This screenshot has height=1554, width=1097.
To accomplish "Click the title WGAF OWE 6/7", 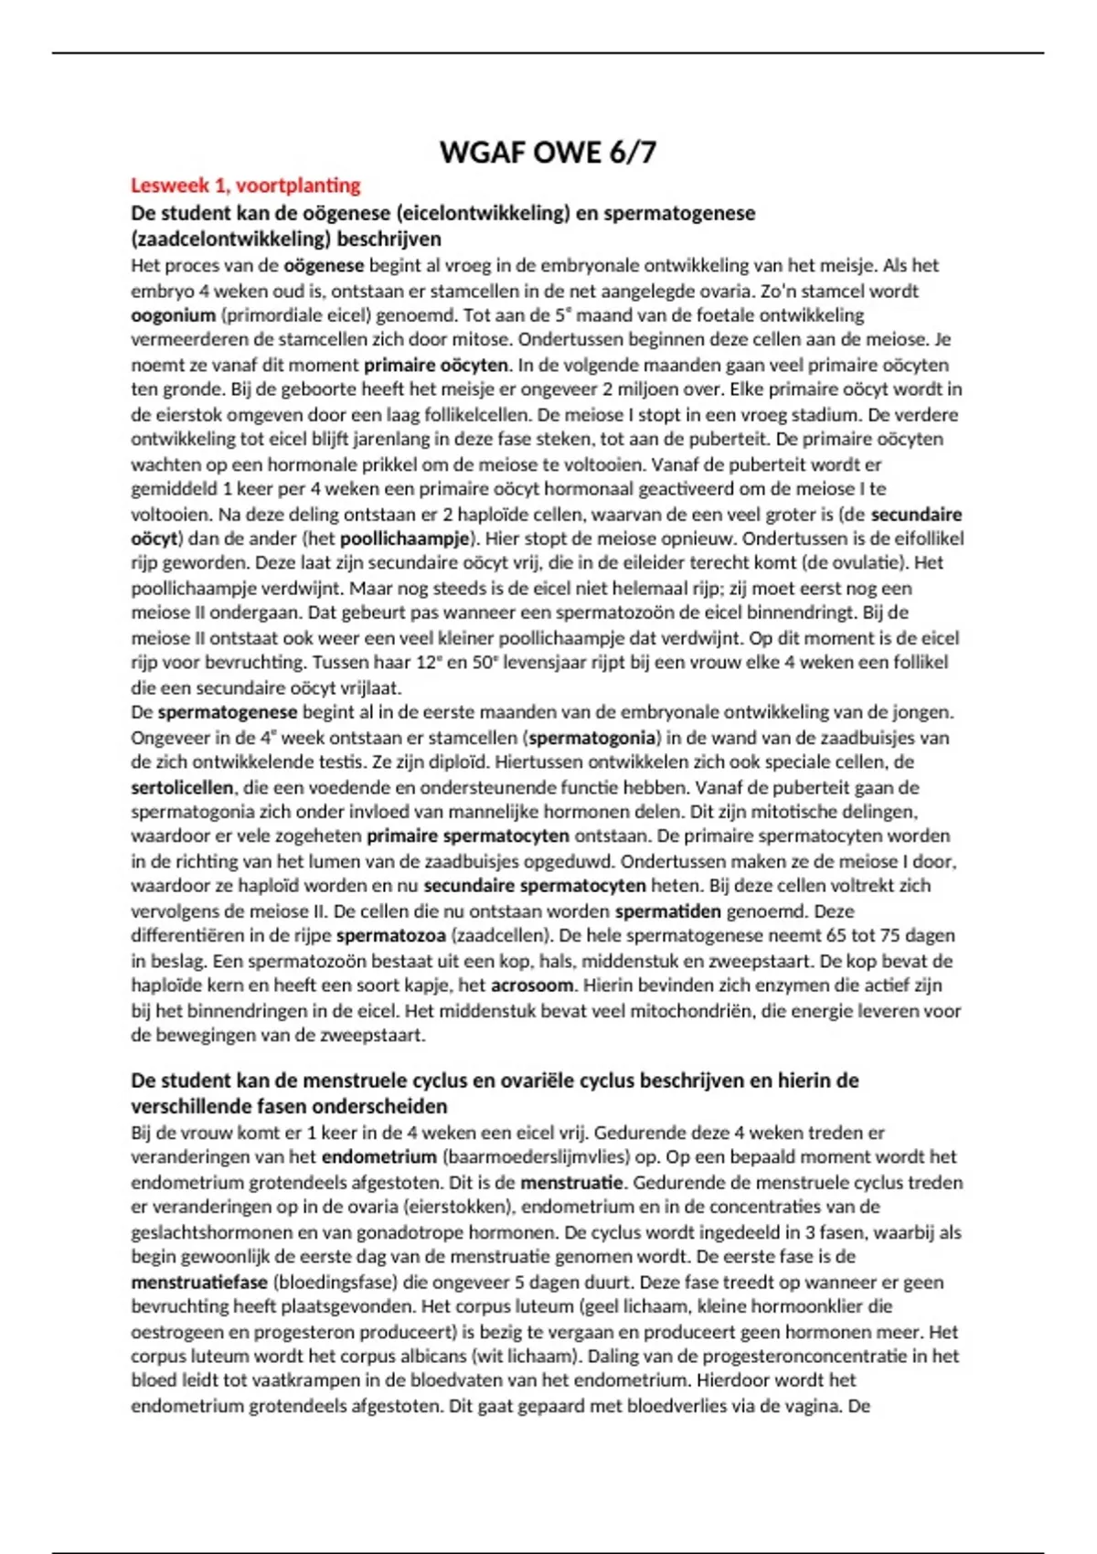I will tap(548, 152).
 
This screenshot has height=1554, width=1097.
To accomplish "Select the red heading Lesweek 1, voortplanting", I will tap(245, 186).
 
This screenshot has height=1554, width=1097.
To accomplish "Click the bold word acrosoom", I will tap(532, 985).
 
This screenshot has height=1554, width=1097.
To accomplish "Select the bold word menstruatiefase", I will tap(199, 1282).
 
